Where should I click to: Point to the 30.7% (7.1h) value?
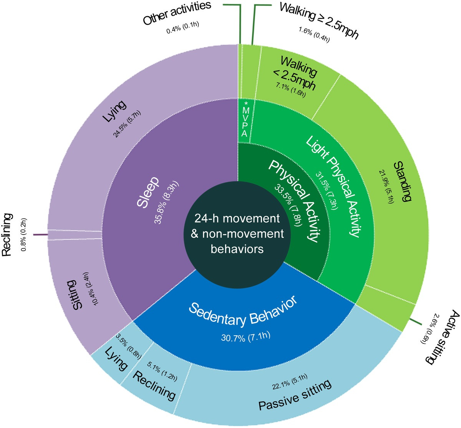246,337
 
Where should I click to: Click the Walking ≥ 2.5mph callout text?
318,19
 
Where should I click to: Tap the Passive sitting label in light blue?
294,396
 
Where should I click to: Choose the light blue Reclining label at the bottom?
154,385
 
